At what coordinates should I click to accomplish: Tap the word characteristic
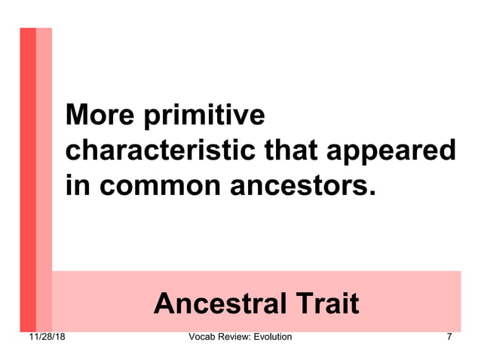click(160, 150)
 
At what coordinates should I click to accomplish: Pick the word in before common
click(76, 184)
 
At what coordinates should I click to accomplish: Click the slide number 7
click(449, 337)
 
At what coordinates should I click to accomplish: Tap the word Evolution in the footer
click(274, 337)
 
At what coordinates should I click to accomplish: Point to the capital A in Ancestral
click(164, 304)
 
